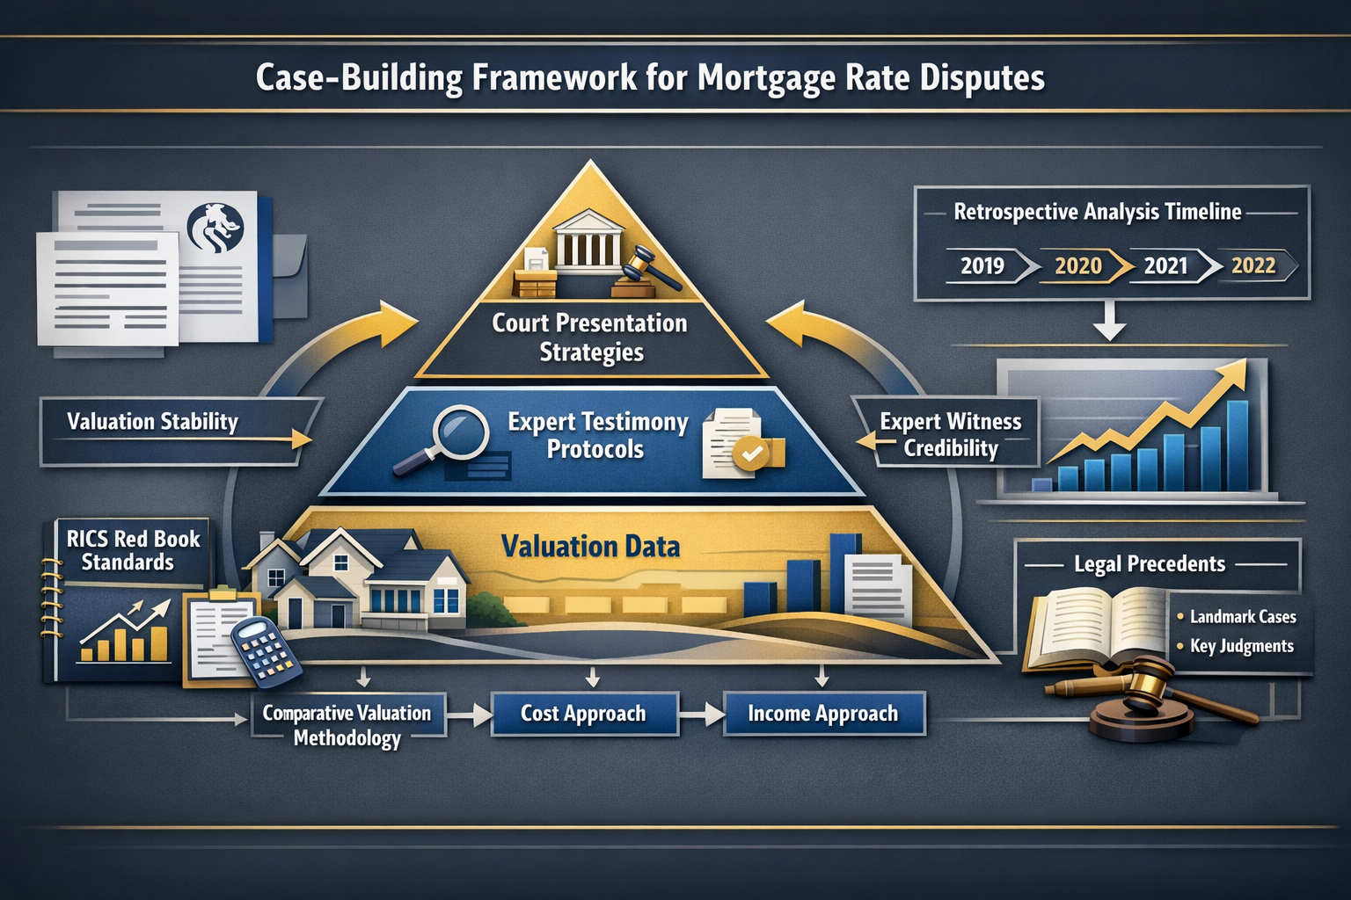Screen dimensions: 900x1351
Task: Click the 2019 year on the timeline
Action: coord(982,265)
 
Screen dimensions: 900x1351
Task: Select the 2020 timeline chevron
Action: coord(1079,265)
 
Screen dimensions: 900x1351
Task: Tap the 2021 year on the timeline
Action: coord(1166,265)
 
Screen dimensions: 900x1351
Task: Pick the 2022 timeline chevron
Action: coord(1254,265)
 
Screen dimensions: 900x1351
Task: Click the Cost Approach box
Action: coord(584,714)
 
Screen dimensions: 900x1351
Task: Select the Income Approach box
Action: coord(823,714)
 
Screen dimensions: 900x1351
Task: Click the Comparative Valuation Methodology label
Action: coord(347,725)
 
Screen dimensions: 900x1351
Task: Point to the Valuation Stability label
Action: coord(153,422)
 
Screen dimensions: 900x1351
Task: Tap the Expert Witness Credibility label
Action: coord(951,435)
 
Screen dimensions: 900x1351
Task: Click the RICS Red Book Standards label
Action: coord(132,550)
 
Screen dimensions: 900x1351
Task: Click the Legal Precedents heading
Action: coord(1150,564)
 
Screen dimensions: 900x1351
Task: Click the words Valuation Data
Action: coord(591,547)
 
